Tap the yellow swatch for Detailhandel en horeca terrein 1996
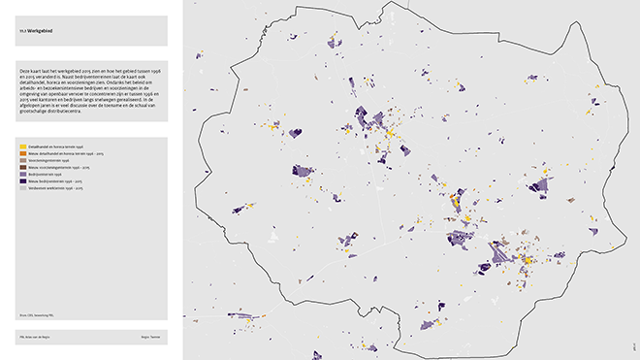click(22, 146)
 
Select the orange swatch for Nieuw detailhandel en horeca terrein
click(22, 153)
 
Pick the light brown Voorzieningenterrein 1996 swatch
click(22, 160)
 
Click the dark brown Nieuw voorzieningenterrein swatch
click(22, 167)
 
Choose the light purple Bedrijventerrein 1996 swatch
click(22, 174)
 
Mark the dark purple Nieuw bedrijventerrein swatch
click(22, 180)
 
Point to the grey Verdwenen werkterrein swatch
click(22, 187)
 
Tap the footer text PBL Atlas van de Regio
click(36, 336)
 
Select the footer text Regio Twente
click(147, 336)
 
